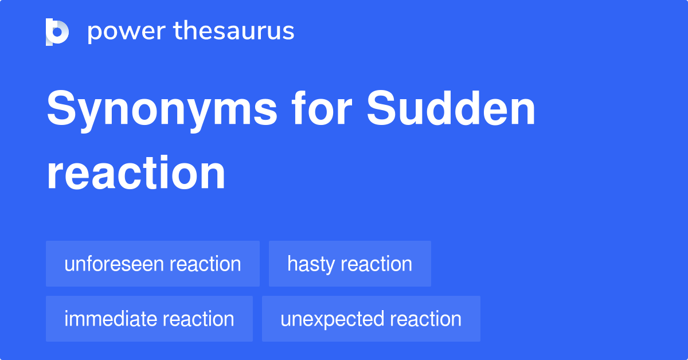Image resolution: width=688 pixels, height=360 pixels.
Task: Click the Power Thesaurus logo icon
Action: point(57,32)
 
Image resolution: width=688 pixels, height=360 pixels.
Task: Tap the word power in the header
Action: point(124,32)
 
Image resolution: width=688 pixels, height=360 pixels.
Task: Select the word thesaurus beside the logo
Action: point(234,32)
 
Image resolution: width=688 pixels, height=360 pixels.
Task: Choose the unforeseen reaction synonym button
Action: point(153,264)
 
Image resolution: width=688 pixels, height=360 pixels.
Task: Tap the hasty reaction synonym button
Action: point(350,264)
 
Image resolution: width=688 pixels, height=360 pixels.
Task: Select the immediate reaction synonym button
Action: point(149,319)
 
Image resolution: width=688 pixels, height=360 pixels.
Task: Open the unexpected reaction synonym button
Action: point(371,319)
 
